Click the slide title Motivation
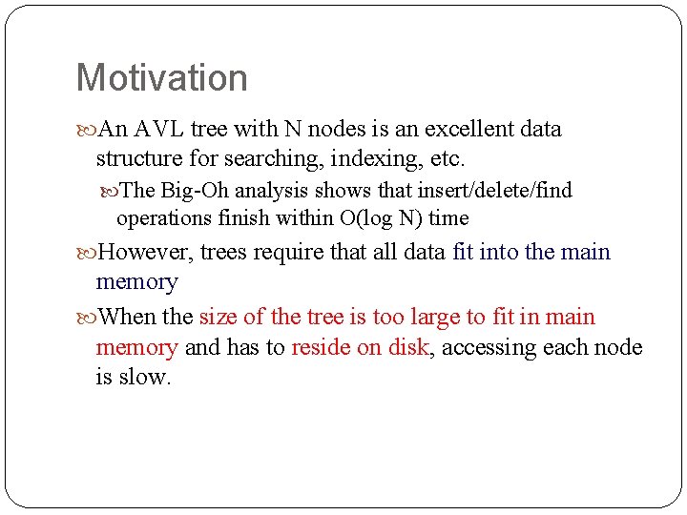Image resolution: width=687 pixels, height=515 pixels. (x=161, y=78)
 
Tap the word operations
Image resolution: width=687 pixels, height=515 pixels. (x=160, y=218)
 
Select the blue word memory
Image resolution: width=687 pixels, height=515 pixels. (x=136, y=282)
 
